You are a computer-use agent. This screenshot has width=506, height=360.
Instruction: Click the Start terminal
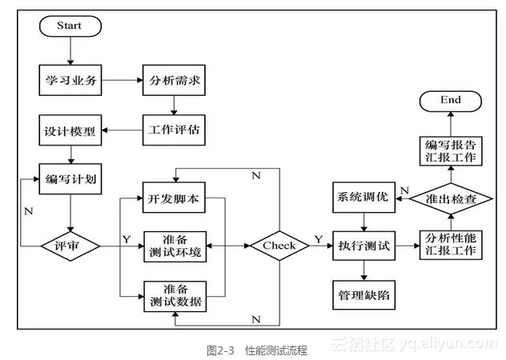pyautogui.click(x=70, y=26)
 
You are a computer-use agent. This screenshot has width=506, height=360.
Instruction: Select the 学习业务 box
pyautogui.click(x=70, y=81)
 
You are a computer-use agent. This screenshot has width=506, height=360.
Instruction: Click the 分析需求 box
pyautogui.click(x=173, y=81)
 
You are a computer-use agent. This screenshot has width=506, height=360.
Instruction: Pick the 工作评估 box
pyautogui.click(x=173, y=128)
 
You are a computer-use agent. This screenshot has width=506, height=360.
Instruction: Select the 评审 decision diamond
pyautogui.click(x=70, y=245)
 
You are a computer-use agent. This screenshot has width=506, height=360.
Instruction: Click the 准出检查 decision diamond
pyautogui.click(x=452, y=198)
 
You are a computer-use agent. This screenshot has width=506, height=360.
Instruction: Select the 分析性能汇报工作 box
pyautogui.click(x=452, y=245)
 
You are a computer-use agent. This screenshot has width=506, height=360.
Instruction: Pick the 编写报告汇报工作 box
pyautogui.click(x=452, y=150)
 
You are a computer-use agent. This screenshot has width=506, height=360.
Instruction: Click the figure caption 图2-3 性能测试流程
pyautogui.click(x=255, y=350)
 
